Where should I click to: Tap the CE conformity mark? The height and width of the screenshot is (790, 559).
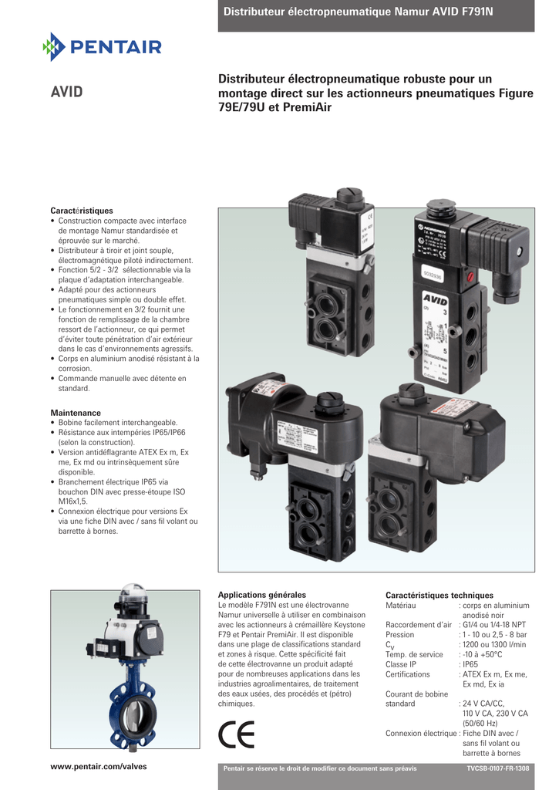coord(235,734)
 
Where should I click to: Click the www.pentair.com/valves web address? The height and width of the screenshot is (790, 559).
coord(98,766)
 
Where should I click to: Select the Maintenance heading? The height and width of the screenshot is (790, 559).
coord(76,413)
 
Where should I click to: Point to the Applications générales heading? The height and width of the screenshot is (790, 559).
coord(262,595)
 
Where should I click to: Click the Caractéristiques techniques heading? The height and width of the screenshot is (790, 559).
coord(439,595)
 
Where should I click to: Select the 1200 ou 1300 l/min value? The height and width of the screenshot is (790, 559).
coord(494,644)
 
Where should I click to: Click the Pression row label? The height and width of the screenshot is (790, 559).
coord(399,635)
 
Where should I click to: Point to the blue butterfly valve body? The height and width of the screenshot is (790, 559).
coord(132,709)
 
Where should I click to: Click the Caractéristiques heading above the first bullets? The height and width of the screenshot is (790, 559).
coord(82,211)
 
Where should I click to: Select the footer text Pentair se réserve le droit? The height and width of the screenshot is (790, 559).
coord(319,769)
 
